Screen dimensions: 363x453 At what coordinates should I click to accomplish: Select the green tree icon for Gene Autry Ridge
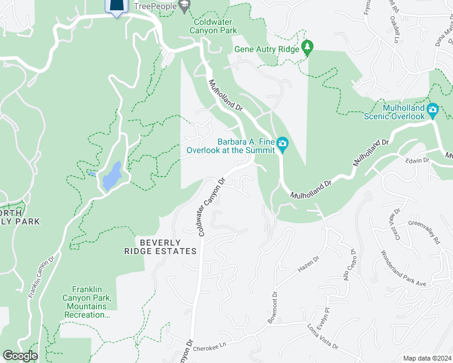tap(308, 48)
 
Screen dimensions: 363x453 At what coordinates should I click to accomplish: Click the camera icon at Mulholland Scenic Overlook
tap(432, 111)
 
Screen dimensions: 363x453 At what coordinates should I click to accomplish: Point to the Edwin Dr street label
tap(417, 160)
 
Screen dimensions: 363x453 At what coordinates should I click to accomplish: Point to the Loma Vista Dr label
tap(322, 338)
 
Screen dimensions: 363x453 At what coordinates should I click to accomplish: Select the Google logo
tap(20, 356)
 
